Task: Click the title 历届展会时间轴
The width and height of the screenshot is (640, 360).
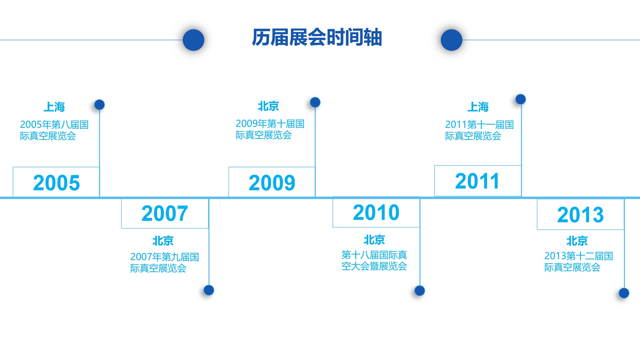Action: [x=317, y=37]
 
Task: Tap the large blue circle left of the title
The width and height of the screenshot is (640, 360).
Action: [x=194, y=40]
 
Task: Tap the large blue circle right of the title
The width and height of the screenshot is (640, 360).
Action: [x=452, y=40]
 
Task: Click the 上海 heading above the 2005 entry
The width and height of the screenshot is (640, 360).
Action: [x=54, y=107]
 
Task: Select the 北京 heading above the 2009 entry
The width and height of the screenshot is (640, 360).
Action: [x=268, y=106]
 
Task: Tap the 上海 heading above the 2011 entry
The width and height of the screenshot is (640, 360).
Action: [x=478, y=107]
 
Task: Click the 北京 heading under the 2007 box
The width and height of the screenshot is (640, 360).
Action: [x=163, y=241]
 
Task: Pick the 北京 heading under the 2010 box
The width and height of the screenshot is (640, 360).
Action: [x=374, y=240]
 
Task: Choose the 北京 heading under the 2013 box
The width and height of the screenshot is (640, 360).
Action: [x=577, y=241]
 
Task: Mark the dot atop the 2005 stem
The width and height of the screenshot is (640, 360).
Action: [x=100, y=105]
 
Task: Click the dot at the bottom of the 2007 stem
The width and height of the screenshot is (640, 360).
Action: [x=209, y=290]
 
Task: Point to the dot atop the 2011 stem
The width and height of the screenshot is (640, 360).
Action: [x=521, y=99]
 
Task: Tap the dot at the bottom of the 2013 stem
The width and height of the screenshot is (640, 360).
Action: [x=624, y=293]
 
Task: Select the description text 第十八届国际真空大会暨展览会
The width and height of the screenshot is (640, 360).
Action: [x=374, y=260]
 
